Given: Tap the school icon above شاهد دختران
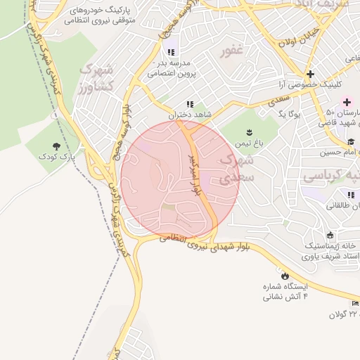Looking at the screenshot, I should (189, 104).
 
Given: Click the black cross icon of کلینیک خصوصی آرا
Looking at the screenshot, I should (310, 75).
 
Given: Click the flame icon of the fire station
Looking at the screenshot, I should (285, 275).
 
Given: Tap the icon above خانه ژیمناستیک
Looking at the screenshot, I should (330, 235).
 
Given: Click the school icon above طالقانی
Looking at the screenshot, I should (349, 194).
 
